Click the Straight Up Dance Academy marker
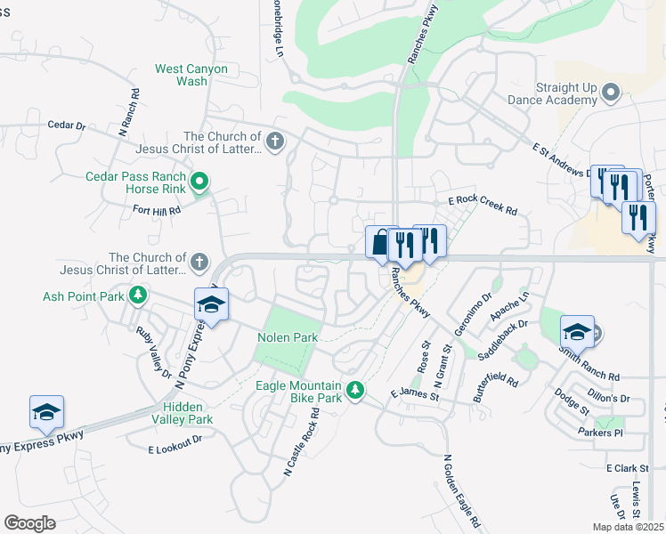(x=611, y=93)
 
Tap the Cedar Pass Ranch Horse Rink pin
(x=200, y=183)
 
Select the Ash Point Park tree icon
(x=138, y=294)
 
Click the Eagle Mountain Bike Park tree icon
(x=355, y=389)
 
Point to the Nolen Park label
(x=288, y=338)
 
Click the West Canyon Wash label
(x=192, y=75)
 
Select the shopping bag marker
(x=381, y=242)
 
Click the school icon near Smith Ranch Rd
(x=577, y=332)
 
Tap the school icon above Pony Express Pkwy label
(x=46, y=412)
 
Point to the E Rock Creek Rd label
(x=483, y=206)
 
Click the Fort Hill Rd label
(x=156, y=211)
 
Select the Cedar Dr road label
(x=66, y=126)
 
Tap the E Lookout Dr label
(x=175, y=439)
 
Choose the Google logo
(x=30, y=523)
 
